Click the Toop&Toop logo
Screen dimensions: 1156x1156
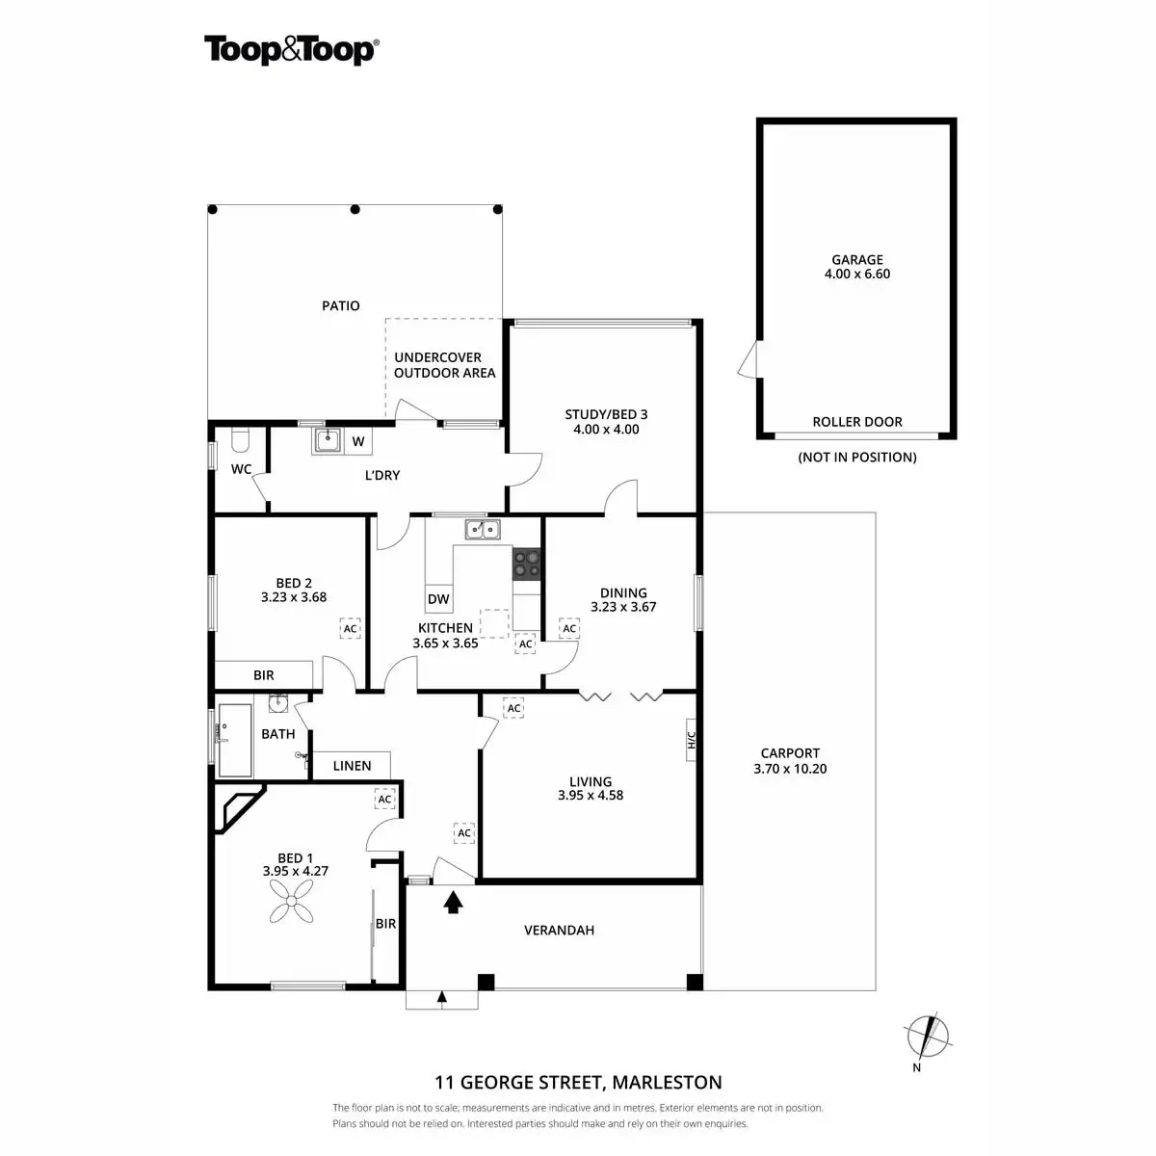coord(290,50)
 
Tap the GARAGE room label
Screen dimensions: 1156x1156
coord(857,259)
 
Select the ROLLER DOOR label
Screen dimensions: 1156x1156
coord(857,422)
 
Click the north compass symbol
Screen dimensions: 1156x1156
coord(927,1037)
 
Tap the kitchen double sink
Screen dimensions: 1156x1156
coord(482,529)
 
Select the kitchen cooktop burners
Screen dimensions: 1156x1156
coord(527,563)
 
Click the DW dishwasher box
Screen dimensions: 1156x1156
coord(438,599)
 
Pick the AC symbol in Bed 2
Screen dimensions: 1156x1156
coord(350,628)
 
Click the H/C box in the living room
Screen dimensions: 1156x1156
coord(691,741)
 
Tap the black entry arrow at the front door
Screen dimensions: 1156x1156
coord(453,902)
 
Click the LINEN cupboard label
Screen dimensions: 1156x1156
coord(352,766)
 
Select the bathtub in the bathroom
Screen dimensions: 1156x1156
coord(235,739)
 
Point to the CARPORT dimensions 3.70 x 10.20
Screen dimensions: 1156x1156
coord(790,769)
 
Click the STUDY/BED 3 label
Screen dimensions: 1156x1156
coord(606,415)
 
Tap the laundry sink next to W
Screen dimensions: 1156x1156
coord(328,441)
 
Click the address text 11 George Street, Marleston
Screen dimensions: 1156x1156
coord(578,1082)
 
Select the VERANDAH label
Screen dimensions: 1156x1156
coord(559,931)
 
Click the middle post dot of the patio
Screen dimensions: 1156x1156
coord(355,209)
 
